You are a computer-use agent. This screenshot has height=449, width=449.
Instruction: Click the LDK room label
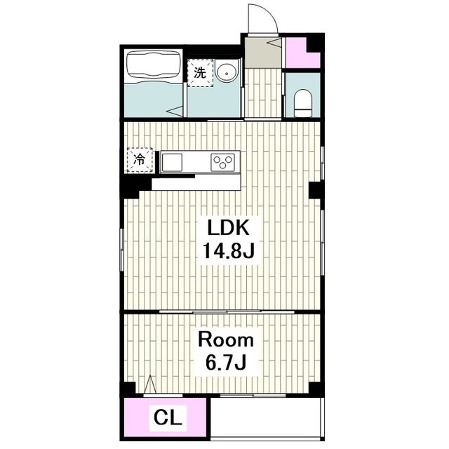pyautogui.click(x=228, y=227)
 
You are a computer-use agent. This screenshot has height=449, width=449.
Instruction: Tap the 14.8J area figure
pyautogui.click(x=229, y=250)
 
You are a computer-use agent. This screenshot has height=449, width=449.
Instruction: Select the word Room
pyautogui.click(x=226, y=340)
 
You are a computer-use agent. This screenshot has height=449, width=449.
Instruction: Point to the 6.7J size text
pyautogui.click(x=226, y=362)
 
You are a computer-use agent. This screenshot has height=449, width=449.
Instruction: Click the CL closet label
pyautogui.click(x=168, y=418)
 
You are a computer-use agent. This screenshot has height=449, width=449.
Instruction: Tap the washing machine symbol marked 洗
pyautogui.click(x=200, y=73)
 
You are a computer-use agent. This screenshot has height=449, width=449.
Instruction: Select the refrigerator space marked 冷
pyautogui.click(x=140, y=160)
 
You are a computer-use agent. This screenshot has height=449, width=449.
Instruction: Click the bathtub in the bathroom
pyautogui.click(x=154, y=67)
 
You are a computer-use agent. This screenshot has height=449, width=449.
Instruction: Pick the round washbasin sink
pyautogui.click(x=227, y=72)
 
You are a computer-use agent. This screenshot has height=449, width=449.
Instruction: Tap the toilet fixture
pyautogui.click(x=303, y=103)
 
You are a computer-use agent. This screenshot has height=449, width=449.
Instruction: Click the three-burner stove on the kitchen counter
pyautogui.click(x=222, y=162)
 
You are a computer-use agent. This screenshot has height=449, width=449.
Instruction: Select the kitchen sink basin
pyautogui.click(x=172, y=162)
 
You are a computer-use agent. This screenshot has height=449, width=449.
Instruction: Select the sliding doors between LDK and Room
pyautogui.click(x=227, y=311)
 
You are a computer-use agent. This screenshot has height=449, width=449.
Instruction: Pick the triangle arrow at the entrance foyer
pyautogui.click(x=274, y=42)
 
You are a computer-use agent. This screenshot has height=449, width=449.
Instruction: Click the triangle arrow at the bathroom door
pyautogui.click(x=175, y=111)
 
